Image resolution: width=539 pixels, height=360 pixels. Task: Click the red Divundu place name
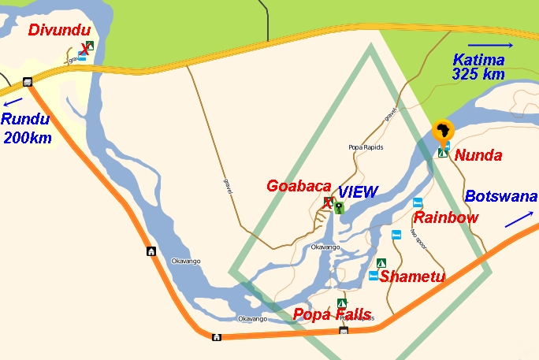[59, 31]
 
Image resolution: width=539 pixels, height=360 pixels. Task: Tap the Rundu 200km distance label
[28, 129]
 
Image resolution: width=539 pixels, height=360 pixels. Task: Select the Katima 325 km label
[478, 66]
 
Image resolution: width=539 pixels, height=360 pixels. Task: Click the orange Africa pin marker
[444, 130]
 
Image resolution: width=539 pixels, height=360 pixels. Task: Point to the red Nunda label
[478, 155]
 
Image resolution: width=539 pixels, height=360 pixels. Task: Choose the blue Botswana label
[500, 196]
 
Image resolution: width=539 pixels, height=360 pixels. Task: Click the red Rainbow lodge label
[447, 217]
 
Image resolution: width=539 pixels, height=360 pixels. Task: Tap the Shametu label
[412, 276]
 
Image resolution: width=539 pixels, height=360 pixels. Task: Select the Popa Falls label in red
[332, 314]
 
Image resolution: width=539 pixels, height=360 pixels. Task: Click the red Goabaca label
[299, 186]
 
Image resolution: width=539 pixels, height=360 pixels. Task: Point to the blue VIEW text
[358, 191]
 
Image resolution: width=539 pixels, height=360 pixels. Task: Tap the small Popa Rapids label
[364, 147]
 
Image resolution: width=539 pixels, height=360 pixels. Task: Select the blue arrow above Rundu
[13, 102]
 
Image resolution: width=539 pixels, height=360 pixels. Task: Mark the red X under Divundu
[84, 50]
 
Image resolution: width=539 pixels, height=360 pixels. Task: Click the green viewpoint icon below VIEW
[339, 208]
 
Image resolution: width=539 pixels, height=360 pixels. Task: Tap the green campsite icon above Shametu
[381, 262]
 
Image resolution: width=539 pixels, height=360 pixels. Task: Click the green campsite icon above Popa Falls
[342, 303]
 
